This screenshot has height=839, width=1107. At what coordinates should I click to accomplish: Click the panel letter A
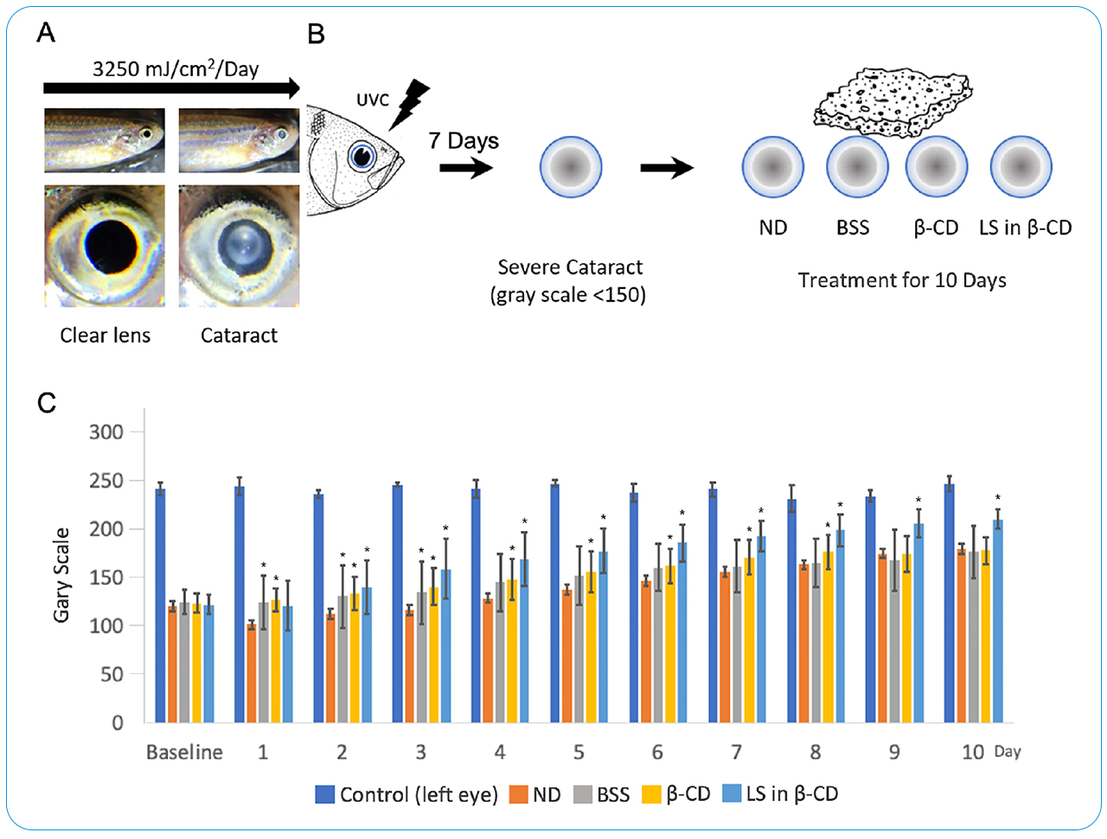click(x=46, y=34)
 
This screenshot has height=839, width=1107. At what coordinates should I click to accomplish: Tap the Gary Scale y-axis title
click(x=61, y=574)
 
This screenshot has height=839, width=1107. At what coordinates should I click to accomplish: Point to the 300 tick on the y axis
click(x=106, y=432)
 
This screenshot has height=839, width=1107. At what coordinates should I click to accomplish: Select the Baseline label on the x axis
click(x=184, y=753)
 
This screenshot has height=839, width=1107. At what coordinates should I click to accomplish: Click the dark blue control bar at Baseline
click(x=160, y=605)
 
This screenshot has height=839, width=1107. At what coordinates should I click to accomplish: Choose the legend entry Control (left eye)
click(x=406, y=794)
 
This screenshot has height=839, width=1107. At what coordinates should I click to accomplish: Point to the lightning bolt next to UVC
click(x=411, y=102)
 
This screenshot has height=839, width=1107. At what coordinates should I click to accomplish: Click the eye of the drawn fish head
click(x=362, y=157)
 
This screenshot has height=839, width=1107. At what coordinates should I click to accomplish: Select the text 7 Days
click(x=464, y=140)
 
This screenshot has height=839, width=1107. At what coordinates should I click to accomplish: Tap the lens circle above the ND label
click(x=772, y=167)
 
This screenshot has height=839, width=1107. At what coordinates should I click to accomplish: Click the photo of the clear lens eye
click(x=105, y=247)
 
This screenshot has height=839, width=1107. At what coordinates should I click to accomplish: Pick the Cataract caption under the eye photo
click(x=239, y=336)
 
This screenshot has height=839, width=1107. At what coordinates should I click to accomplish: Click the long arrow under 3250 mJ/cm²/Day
click(x=171, y=87)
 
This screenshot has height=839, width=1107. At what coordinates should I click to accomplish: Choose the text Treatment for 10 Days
click(x=902, y=280)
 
